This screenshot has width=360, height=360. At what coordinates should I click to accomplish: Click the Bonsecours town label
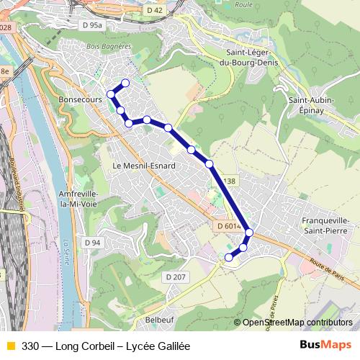[80, 101]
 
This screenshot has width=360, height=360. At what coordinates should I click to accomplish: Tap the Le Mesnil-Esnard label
[144, 165]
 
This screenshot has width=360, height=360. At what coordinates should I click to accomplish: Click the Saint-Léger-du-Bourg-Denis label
[252, 57]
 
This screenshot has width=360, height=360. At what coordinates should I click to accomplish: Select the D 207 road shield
[176, 276]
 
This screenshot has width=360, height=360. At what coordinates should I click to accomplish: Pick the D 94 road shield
[91, 243]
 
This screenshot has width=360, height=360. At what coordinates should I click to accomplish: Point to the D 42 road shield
[154, 10]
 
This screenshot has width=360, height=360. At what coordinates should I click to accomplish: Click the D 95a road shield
[94, 25]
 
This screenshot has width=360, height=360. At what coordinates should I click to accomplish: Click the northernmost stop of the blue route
[125, 82]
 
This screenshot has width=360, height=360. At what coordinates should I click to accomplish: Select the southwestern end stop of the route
[229, 257]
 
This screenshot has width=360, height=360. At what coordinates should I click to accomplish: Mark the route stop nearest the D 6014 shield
[249, 232]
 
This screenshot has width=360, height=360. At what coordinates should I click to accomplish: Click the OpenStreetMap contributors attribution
[297, 323]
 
